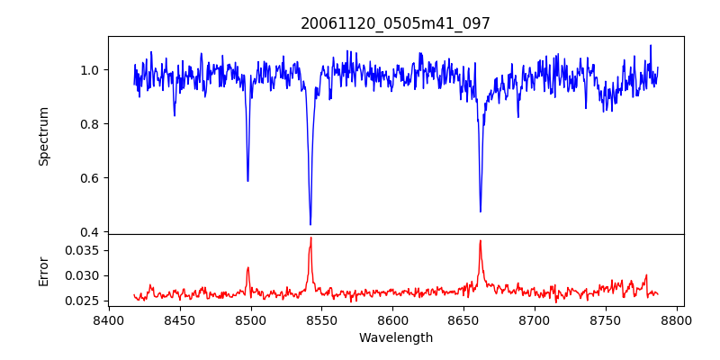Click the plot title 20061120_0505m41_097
point(395,23)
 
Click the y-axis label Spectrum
point(43,136)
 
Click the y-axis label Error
point(43,271)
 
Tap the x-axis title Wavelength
point(395,338)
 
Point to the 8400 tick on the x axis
point(108,319)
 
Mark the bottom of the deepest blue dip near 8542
point(310,224)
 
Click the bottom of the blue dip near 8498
point(247,181)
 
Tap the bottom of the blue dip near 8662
point(481,211)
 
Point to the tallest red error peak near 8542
point(310,238)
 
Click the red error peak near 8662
point(481,240)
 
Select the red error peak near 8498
point(247,267)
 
